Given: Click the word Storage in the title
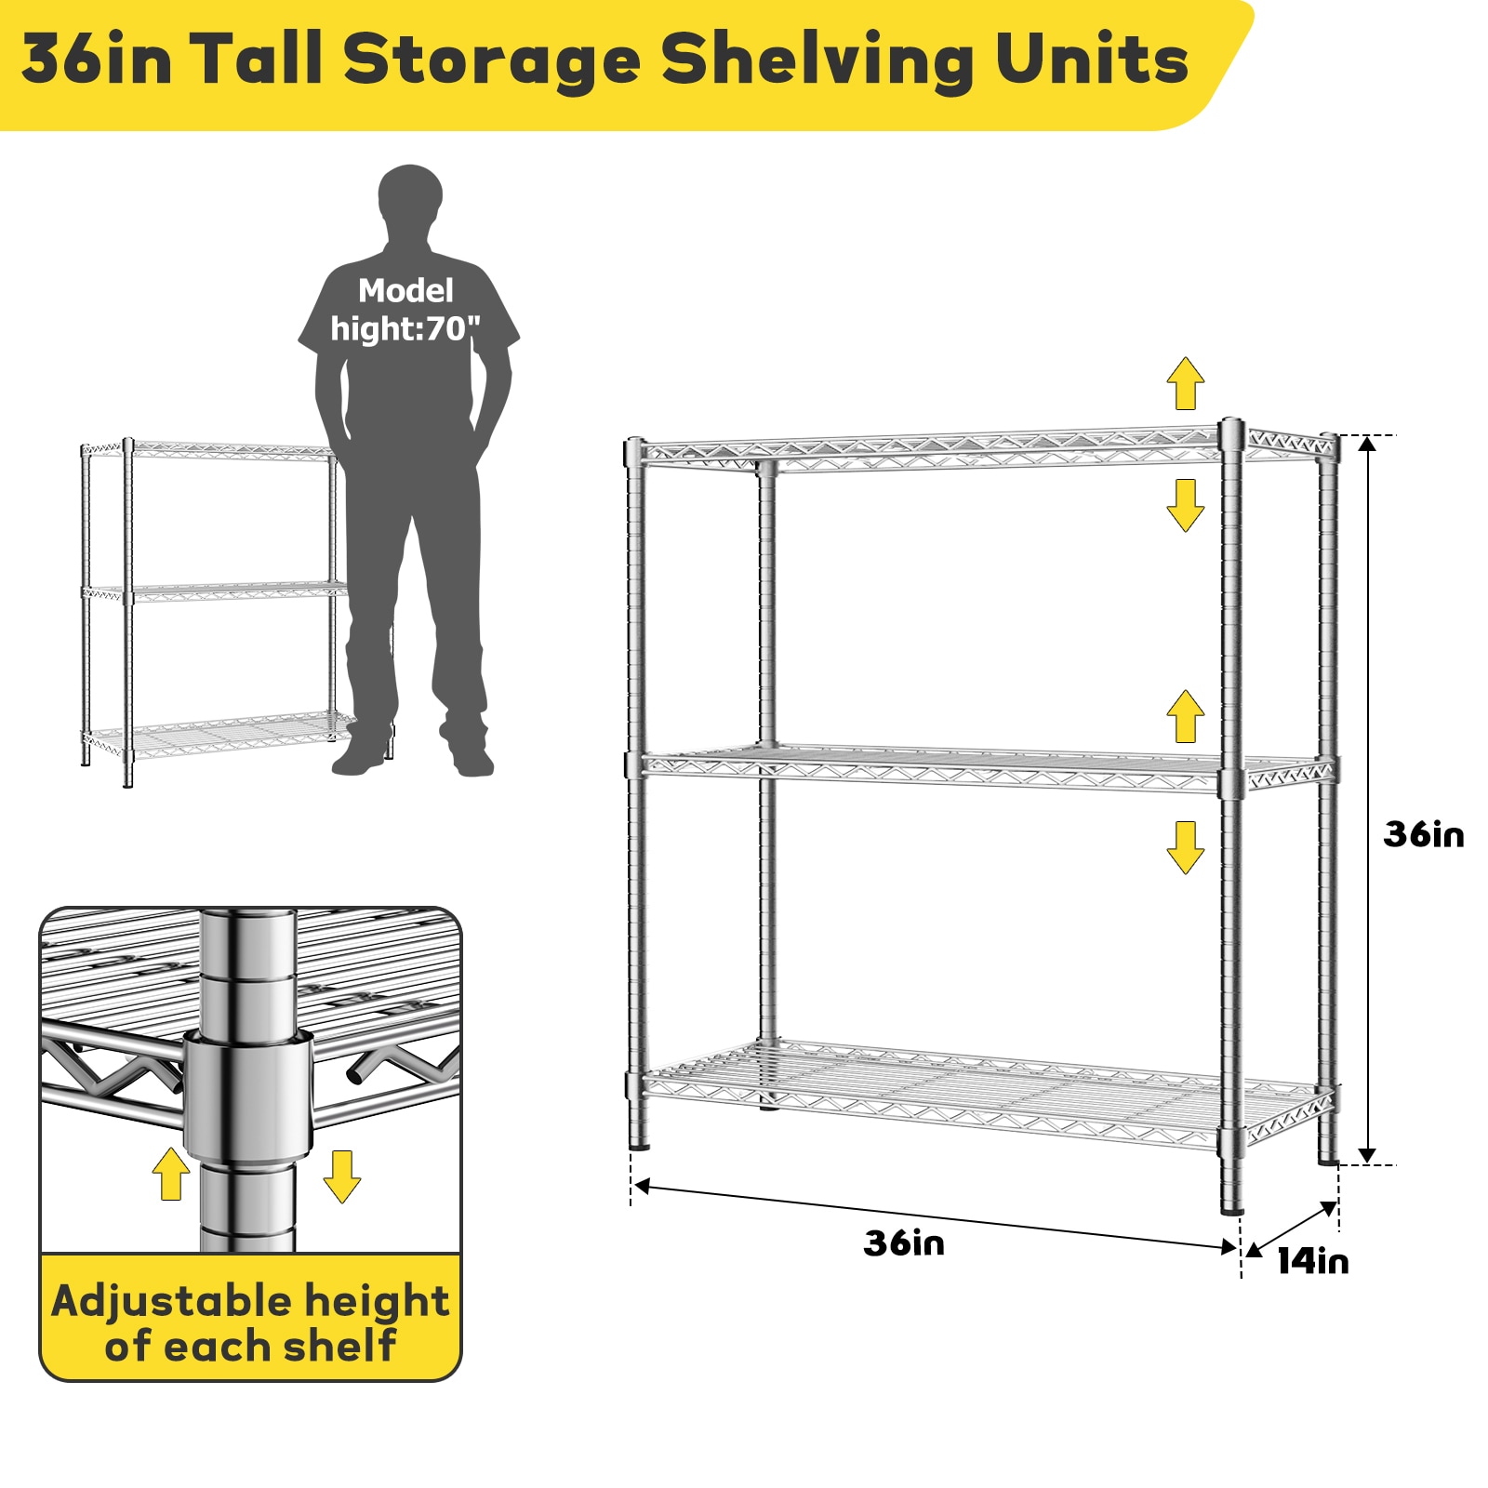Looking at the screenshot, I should (x=492, y=60).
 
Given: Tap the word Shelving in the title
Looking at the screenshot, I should (x=817, y=60).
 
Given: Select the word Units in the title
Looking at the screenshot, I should (x=1092, y=60).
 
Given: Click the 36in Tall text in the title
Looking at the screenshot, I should (x=171, y=60).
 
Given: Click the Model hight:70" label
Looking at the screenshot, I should (x=405, y=310).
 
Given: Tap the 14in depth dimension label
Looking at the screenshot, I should (x=1312, y=1262).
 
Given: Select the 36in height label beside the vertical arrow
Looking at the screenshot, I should (x=1423, y=834).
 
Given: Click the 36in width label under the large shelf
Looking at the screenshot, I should (x=904, y=1243).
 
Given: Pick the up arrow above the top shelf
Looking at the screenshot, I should (x=1186, y=383).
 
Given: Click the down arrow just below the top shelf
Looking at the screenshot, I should (x=1186, y=505).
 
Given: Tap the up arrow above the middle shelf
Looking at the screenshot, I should (x=1186, y=716).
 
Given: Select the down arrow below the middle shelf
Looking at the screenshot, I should (x=1186, y=846).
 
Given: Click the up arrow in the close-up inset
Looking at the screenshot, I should (x=171, y=1174).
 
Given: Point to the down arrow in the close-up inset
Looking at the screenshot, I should (x=341, y=1176).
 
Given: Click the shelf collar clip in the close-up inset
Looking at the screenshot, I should (x=247, y=1093).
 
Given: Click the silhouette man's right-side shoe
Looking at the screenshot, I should (x=472, y=760).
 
